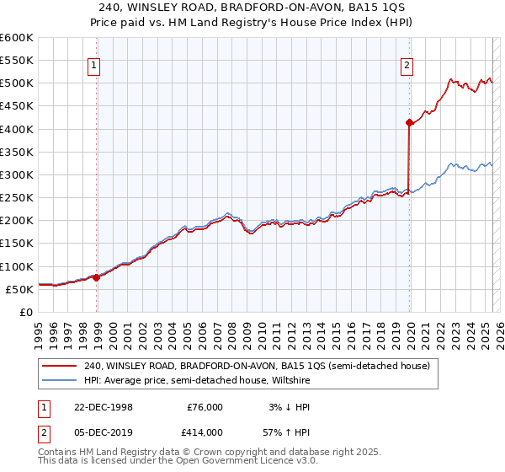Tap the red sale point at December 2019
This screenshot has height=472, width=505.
tap(409, 123)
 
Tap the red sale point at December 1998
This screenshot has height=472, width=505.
tap(97, 276)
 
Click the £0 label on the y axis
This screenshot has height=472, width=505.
tap(26, 312)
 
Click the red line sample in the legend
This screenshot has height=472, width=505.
tap(60, 366)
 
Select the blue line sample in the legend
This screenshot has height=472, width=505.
tap(60, 380)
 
